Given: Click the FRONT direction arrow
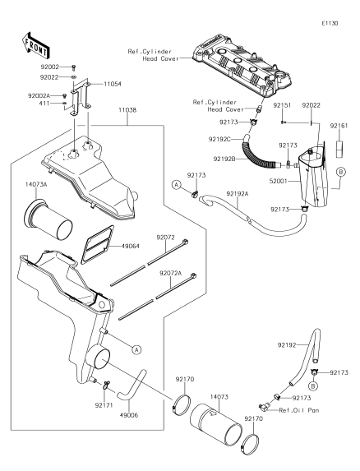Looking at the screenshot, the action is coord(35,45).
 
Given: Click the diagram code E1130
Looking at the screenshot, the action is coord(330,24).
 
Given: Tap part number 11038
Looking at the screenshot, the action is coord(127,110).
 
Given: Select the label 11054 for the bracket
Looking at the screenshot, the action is coord(113,84).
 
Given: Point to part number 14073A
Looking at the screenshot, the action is coord(36,185).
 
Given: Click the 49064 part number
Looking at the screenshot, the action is coord(131,247).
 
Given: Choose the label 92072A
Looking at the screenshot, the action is coord(170,274).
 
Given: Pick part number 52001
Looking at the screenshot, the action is coord(279,181).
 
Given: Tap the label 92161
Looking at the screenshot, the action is coord(339,126).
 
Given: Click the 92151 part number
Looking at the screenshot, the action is coord(282,105).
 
